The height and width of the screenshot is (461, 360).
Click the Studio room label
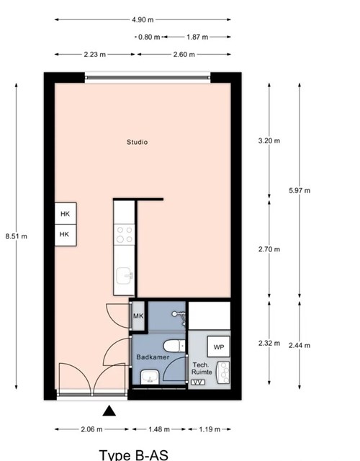click(138, 143)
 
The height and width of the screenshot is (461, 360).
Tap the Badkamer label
click(153, 357)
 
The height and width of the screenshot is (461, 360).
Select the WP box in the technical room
click(219, 347)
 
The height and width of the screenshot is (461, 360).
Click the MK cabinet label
click(138, 316)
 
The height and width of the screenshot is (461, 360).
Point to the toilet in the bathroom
click(174, 346)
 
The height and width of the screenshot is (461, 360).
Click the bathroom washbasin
click(150, 377)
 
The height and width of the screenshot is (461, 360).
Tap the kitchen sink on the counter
click(125, 276)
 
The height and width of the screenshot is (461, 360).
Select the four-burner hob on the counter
click(125, 234)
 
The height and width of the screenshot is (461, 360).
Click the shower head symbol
click(179, 317)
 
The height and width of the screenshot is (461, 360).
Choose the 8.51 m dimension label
click(17, 236)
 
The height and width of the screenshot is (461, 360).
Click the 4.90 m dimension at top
click(143, 19)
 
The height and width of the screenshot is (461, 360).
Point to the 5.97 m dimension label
click(300, 190)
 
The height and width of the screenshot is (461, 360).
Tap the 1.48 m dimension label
click(159, 429)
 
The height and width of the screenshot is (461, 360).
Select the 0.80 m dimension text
click(149, 37)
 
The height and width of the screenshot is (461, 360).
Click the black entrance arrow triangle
click(109, 411)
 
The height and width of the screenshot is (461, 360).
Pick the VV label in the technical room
click(198, 382)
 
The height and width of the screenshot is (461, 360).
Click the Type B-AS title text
click(134, 455)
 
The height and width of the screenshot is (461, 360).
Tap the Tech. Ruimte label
click(202, 368)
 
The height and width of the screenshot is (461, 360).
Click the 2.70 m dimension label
click(269, 249)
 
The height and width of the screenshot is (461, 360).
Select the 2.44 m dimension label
click(300, 346)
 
